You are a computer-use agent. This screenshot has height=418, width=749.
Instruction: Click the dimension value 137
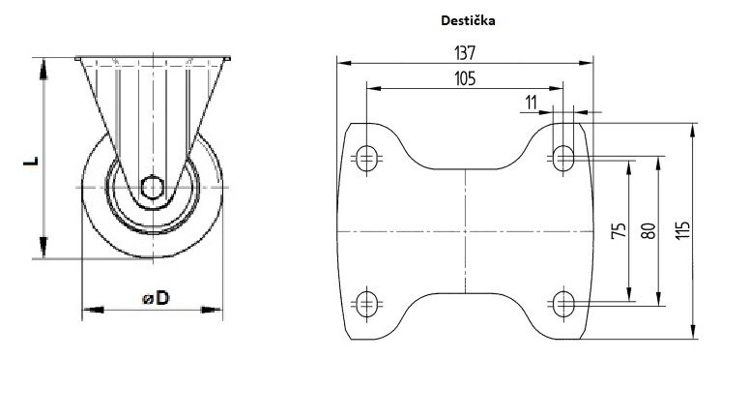pos(465,52)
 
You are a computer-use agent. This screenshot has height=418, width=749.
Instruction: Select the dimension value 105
pos(465,78)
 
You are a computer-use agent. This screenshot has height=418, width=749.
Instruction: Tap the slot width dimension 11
pos(531,102)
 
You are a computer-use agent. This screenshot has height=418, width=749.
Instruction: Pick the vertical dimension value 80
pos(648,230)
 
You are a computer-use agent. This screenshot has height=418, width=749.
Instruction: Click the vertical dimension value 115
pos(682,230)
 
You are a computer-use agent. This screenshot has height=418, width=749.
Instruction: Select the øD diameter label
pos(156,299)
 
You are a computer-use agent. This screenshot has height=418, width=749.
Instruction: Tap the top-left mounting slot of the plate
pos(366,157)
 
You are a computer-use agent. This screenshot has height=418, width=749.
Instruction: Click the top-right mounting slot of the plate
pos(562,157)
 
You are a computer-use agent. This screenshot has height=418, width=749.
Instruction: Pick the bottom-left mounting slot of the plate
pos(366,304)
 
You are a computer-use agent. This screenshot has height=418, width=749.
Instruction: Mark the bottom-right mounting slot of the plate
pos(562,304)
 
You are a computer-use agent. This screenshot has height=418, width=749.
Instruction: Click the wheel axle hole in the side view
pos(151,186)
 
